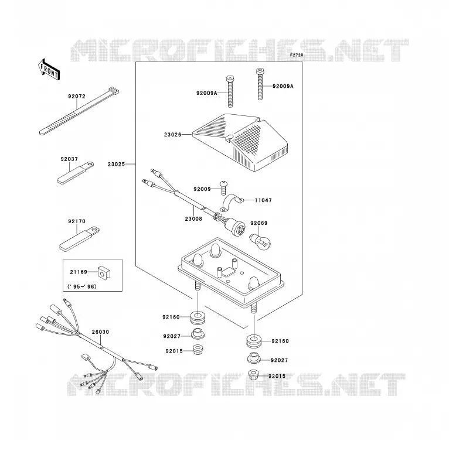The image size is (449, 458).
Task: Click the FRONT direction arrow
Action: [49, 70]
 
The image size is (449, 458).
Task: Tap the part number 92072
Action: [77, 97]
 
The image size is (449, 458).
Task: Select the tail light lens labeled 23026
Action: [240, 142]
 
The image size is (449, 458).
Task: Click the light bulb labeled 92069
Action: [260, 241]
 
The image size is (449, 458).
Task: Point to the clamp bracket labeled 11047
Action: [232, 202]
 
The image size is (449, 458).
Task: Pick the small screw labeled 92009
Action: [224, 187]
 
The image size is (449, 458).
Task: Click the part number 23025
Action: [116, 164]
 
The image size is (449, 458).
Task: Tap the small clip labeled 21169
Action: [104, 273]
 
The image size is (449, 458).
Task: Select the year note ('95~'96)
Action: [82, 286]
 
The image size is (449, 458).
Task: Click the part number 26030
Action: [100, 332]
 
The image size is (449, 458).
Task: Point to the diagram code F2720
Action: [297, 55]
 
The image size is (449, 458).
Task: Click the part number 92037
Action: [69, 159]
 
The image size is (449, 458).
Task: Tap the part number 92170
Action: [77, 221]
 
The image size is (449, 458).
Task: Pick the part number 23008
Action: [193, 218]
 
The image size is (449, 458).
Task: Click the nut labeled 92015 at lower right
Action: [254, 375]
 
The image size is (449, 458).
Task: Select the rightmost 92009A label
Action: [283, 86]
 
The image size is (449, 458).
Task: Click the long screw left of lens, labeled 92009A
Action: [230, 91]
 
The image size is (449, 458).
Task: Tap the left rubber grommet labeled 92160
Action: [198, 318]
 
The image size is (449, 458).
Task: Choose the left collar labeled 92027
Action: [198, 334]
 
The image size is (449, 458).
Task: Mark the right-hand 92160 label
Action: [280, 341]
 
